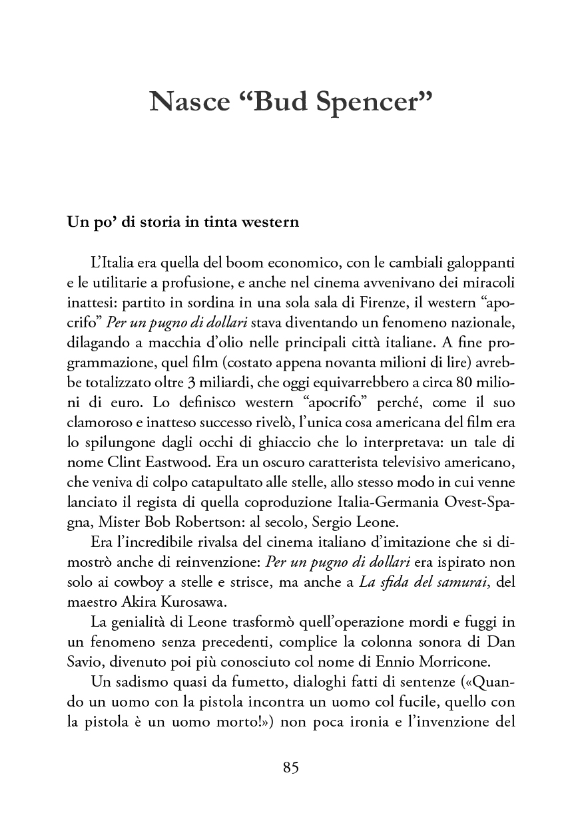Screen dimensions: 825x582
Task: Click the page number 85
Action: (291, 767)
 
